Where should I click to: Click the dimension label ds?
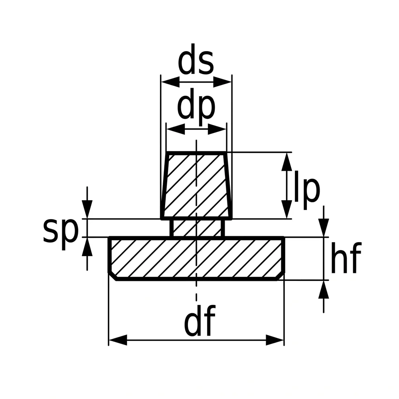[x=196, y=59]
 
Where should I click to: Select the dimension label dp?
[x=196, y=107]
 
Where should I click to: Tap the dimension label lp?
[x=307, y=190]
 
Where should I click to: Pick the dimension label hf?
[x=346, y=258]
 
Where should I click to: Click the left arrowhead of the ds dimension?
[x=170, y=82]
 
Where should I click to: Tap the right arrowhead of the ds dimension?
[x=222, y=82]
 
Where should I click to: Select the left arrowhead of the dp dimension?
[x=176, y=129]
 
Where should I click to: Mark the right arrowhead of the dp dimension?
[x=217, y=129]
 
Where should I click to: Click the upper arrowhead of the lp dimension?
[x=287, y=162]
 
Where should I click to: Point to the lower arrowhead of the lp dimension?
[x=287, y=209]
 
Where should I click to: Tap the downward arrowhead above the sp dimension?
[x=87, y=209]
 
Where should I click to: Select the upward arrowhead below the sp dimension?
[x=87, y=247]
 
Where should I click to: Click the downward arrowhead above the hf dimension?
[x=324, y=227]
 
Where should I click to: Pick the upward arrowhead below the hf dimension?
[x=324, y=290]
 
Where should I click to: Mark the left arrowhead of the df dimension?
[x=118, y=340]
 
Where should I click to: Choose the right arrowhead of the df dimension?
[x=275, y=340]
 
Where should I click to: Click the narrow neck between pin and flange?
[x=197, y=228]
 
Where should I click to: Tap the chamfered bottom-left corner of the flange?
[x=113, y=277]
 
